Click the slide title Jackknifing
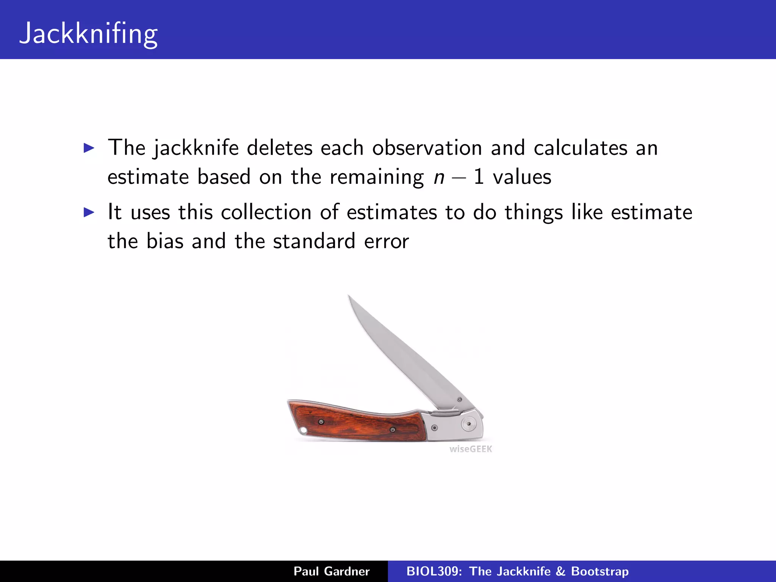88,33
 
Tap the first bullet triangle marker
89,148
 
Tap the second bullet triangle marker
89,212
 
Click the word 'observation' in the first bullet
427,148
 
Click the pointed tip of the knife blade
349,296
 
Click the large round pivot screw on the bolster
469,424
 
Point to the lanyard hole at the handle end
303,430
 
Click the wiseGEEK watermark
471,449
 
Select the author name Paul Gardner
332,571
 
